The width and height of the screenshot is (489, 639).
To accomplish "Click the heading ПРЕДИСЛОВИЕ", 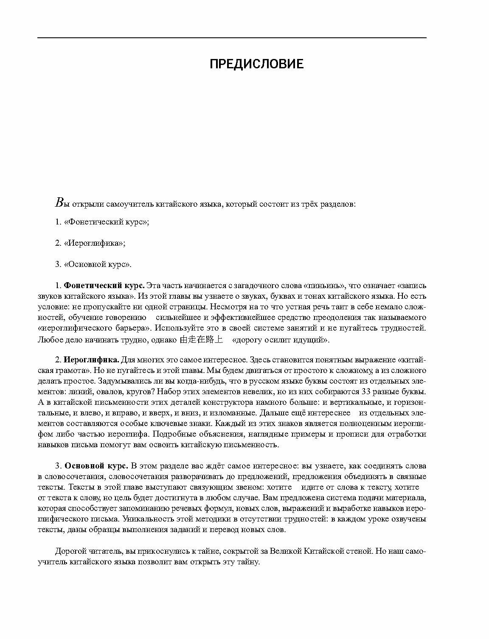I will click(257, 64).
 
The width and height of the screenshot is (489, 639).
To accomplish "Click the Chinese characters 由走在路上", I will click(201, 339).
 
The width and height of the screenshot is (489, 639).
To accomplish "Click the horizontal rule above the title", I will click(232, 38).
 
